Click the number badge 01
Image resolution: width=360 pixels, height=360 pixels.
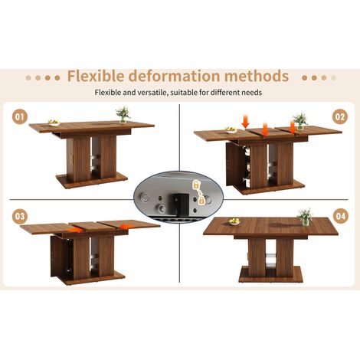tap(20, 117)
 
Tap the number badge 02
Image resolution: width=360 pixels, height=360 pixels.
tap(340, 117)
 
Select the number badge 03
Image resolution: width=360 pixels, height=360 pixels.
tap(20, 216)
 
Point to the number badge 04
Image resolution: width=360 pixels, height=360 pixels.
tap(341, 216)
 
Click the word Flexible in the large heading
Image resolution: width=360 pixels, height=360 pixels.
tap(96, 76)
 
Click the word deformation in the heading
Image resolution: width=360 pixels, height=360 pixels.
tap(174, 76)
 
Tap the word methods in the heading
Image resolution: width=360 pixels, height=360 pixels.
tap(257, 76)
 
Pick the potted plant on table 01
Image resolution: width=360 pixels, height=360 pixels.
tap(123, 115)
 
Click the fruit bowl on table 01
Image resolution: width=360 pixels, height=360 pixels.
tap(54, 123)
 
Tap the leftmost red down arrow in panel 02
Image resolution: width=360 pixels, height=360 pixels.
tap(245, 122)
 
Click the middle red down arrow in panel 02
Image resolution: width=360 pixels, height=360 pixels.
tap(265, 129)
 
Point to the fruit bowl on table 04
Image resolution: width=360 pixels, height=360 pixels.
tap(234, 221)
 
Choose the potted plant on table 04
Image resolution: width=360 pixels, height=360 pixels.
tap(305, 218)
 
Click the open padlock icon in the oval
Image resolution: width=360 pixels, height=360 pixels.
tap(195, 185)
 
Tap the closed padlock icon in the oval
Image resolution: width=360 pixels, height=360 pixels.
tap(201, 200)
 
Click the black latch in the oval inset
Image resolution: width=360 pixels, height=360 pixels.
tap(181, 203)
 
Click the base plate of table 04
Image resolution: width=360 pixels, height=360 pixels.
tap(271, 274)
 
